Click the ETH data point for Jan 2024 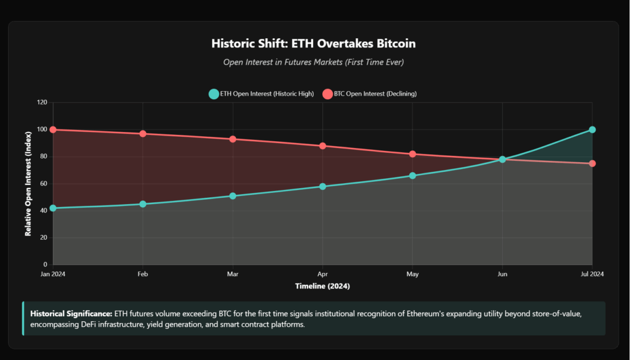(x=53, y=208)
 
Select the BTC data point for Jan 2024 (x=53, y=129)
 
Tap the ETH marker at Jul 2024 (x=592, y=129)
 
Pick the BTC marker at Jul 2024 (x=592, y=163)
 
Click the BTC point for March (x=233, y=139)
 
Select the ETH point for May (x=413, y=176)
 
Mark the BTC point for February (x=143, y=134)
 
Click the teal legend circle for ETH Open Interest (x=214, y=94)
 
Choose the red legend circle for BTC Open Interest (x=327, y=94)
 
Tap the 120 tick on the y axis (x=42, y=102)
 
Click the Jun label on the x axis (x=502, y=274)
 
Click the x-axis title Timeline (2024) (x=322, y=287)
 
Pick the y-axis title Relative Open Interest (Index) (x=28, y=184)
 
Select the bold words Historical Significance (x=70, y=314)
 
